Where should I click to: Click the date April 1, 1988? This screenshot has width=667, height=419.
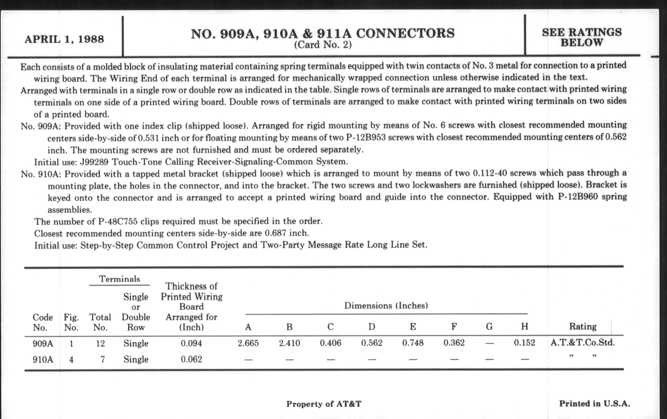click(x=64, y=39)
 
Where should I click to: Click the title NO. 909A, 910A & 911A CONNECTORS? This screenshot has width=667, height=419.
click(x=323, y=33)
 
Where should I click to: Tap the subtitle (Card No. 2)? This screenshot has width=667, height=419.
click(x=323, y=45)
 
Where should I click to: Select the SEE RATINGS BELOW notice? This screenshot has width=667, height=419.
click(x=582, y=37)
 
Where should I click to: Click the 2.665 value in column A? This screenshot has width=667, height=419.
click(x=248, y=343)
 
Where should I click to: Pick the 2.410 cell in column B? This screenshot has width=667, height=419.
click(x=289, y=343)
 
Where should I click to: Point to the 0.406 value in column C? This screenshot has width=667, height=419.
click(x=330, y=343)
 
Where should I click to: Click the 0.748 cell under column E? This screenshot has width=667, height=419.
click(x=413, y=343)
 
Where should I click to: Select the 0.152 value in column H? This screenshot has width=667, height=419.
click(x=524, y=343)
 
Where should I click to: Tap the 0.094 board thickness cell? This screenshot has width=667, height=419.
click(x=191, y=343)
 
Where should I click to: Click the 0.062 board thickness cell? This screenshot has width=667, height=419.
click(x=191, y=359)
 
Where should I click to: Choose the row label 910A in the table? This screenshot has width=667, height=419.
click(x=43, y=360)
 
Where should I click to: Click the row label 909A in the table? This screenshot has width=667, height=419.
click(x=43, y=343)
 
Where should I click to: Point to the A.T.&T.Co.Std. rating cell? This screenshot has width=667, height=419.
click(x=583, y=343)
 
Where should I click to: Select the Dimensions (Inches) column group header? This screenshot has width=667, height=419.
click(x=386, y=306)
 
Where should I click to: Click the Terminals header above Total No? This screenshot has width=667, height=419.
click(x=120, y=279)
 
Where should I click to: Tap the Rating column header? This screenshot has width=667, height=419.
click(x=583, y=327)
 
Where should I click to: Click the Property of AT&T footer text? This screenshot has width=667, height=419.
click(x=324, y=404)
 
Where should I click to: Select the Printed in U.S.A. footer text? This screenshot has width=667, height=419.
click(x=594, y=403)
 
